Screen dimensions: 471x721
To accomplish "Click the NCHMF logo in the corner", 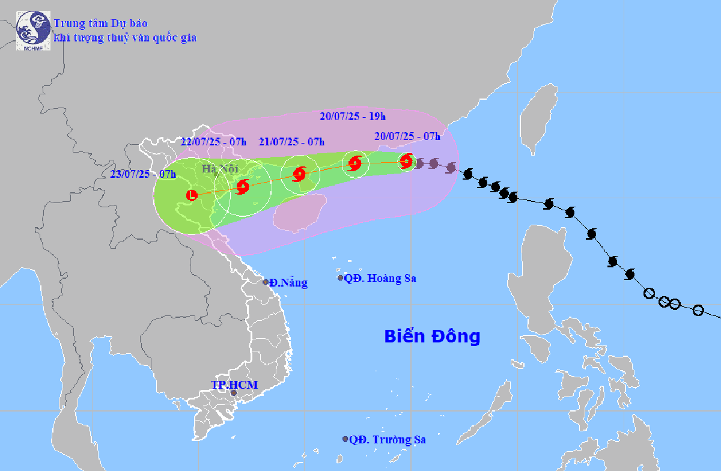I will pyautogui.click(x=33, y=30).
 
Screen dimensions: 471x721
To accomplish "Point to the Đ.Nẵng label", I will pyautogui.click(x=288, y=283).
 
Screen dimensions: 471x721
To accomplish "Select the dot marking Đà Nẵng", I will pyautogui.click(x=266, y=282).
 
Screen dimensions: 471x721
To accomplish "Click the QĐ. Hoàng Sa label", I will pyautogui.click(x=380, y=278).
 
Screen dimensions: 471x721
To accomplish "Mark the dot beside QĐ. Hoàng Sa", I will pyautogui.click(x=340, y=278).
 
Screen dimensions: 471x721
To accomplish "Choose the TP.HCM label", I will pyautogui.click(x=234, y=384).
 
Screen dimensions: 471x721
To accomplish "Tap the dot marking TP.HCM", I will pyautogui.click(x=234, y=394).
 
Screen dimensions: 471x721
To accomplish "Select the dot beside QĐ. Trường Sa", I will pyautogui.click(x=345, y=439).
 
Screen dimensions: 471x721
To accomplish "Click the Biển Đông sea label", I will pyautogui.click(x=432, y=336).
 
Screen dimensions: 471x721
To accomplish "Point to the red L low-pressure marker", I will pyautogui.click(x=192, y=195).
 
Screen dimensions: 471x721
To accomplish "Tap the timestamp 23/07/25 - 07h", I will pyautogui.click(x=144, y=174).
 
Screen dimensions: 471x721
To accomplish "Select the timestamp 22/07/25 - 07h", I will pyautogui.click(x=214, y=142).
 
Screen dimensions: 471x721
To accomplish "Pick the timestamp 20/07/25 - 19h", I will pyautogui.click(x=353, y=117).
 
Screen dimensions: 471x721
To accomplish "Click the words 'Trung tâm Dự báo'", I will pyautogui.click(x=100, y=23).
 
